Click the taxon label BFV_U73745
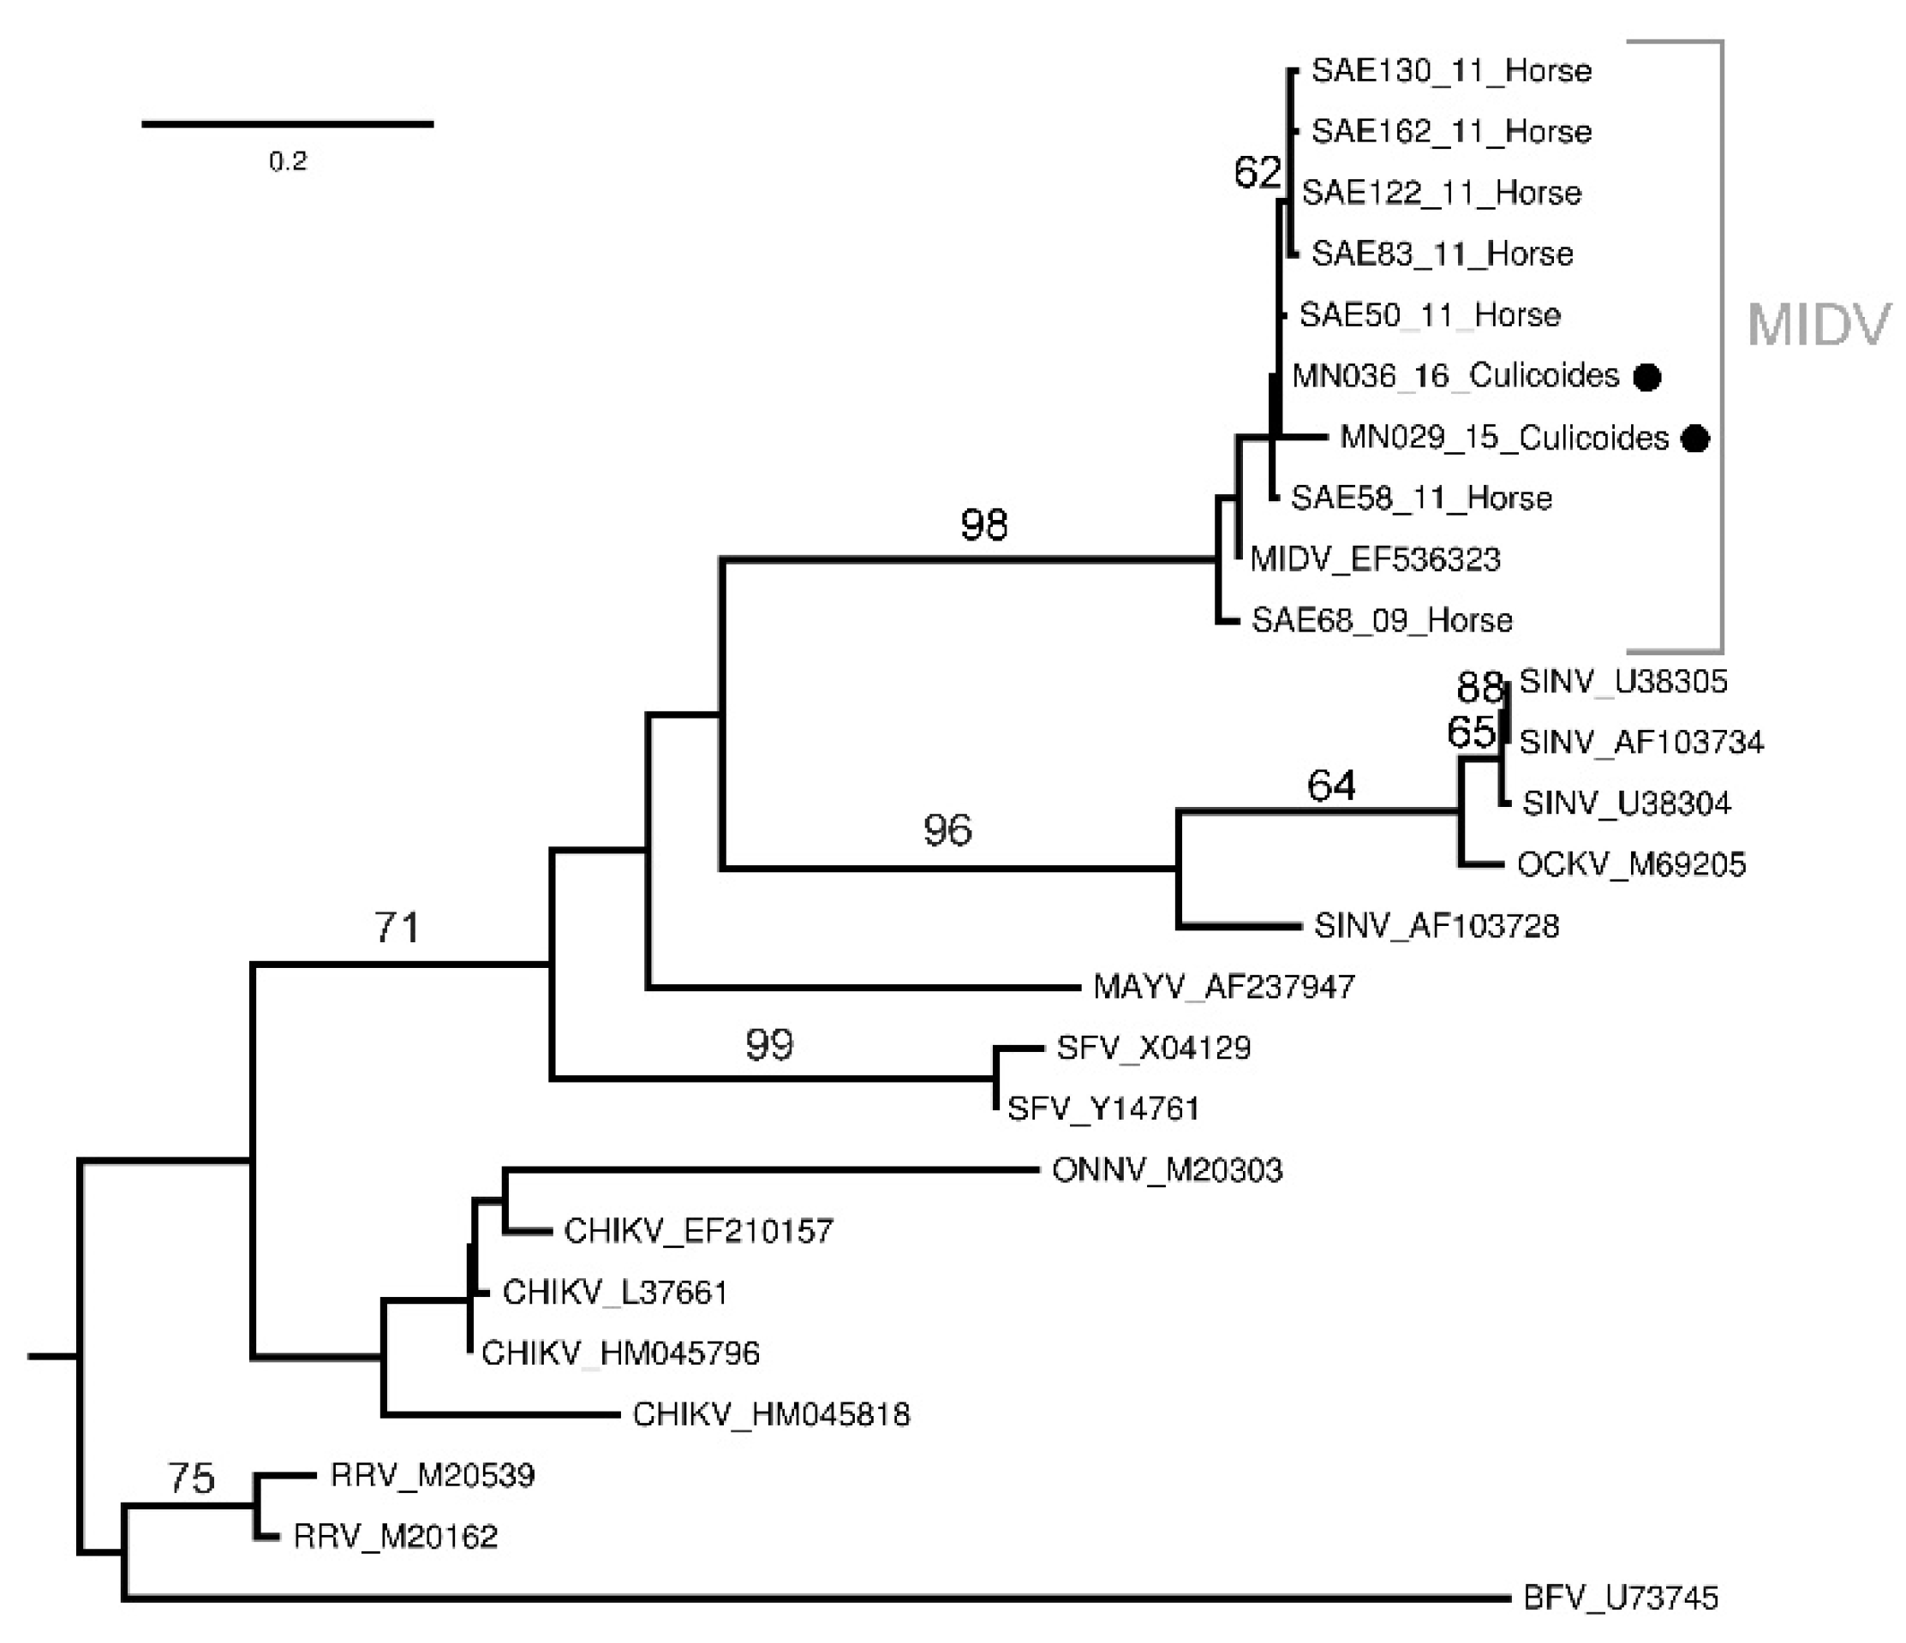[1620, 1598]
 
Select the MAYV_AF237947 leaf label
[1223, 987]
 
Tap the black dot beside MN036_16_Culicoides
[1646, 376]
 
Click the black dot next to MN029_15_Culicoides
[1695, 439]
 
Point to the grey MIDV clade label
[1818, 325]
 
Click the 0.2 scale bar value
[288, 162]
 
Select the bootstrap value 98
[984, 525]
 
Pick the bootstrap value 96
[947, 831]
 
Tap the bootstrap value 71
[397, 927]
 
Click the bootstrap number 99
[770, 1045]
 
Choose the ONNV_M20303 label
[1167, 1170]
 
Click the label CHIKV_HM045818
[771, 1414]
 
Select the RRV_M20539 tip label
[433, 1476]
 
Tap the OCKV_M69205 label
[1631, 864]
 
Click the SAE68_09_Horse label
[1382, 621]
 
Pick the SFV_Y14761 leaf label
[1103, 1108]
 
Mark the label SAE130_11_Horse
[1450, 71]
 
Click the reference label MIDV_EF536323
[1375, 559]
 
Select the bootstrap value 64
[1331, 786]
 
